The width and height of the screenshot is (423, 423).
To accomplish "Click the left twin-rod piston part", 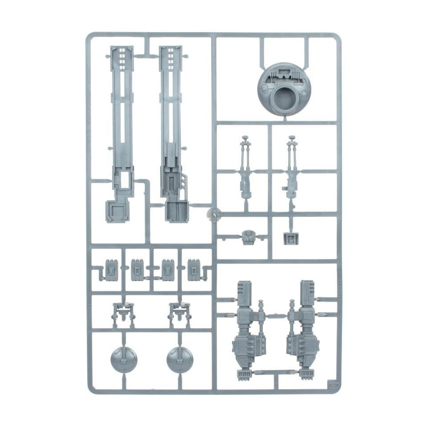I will (245, 170).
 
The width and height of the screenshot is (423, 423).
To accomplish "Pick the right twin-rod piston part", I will (292, 170).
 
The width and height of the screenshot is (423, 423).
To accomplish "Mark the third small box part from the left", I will (167, 270).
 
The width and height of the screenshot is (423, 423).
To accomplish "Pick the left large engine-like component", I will (248, 330).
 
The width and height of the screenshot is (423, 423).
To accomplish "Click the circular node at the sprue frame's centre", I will (214, 215).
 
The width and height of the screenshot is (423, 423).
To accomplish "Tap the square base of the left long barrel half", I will (117, 211).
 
